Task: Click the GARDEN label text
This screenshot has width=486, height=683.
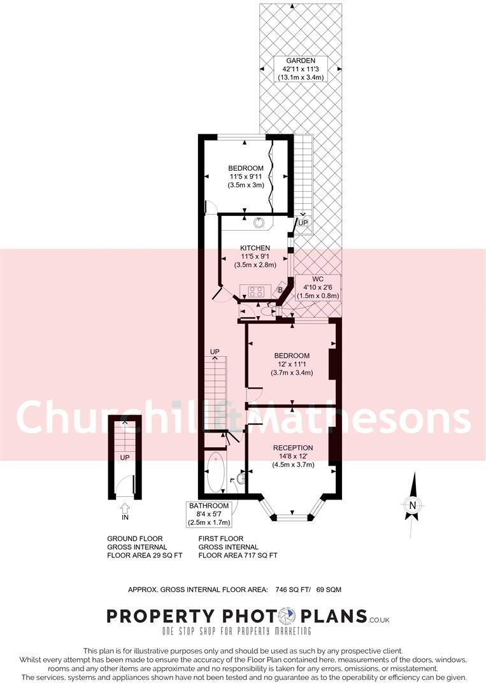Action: coord(301,61)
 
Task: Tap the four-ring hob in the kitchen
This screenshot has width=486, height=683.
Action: coord(257,292)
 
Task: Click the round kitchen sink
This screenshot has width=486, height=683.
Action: coord(260,222)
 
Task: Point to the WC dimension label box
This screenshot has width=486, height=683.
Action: coord(318,288)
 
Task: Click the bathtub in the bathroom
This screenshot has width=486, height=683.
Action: coord(216,472)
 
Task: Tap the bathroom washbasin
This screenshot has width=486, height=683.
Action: coord(241,478)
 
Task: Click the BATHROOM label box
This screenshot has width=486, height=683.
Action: coord(208,514)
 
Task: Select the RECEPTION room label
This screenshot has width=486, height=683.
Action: coord(293,447)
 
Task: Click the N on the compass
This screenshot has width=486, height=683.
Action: coord(413,506)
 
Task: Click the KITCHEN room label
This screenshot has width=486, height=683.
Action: coord(255,248)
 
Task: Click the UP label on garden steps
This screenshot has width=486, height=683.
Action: coord(303,223)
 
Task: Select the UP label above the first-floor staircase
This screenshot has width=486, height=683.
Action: coord(215,352)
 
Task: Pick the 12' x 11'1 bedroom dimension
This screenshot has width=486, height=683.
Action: coord(292,364)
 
